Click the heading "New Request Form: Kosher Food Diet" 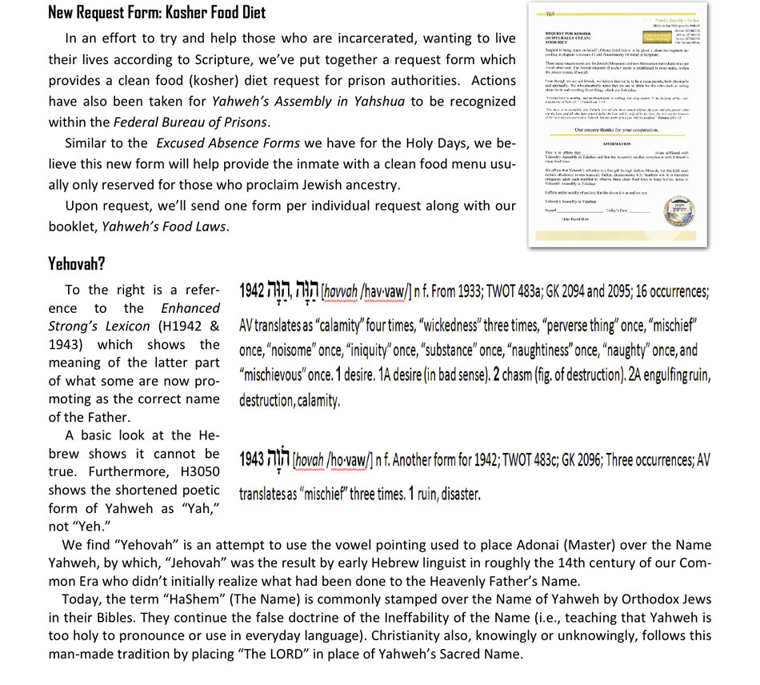click(157, 12)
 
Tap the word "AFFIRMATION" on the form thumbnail click(618, 144)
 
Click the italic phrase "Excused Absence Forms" click(228, 143)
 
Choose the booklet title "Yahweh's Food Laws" click(166, 226)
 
